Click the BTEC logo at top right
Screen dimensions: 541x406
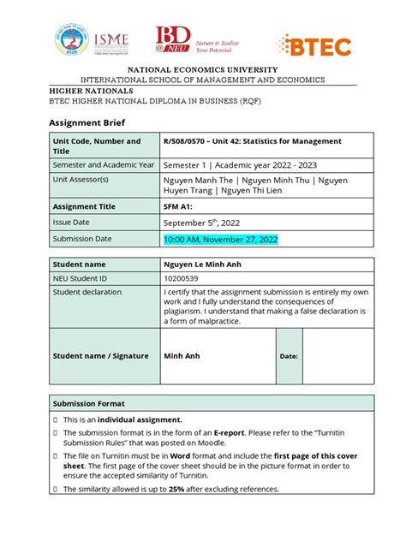(x=313, y=46)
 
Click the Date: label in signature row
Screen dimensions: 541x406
(x=289, y=356)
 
